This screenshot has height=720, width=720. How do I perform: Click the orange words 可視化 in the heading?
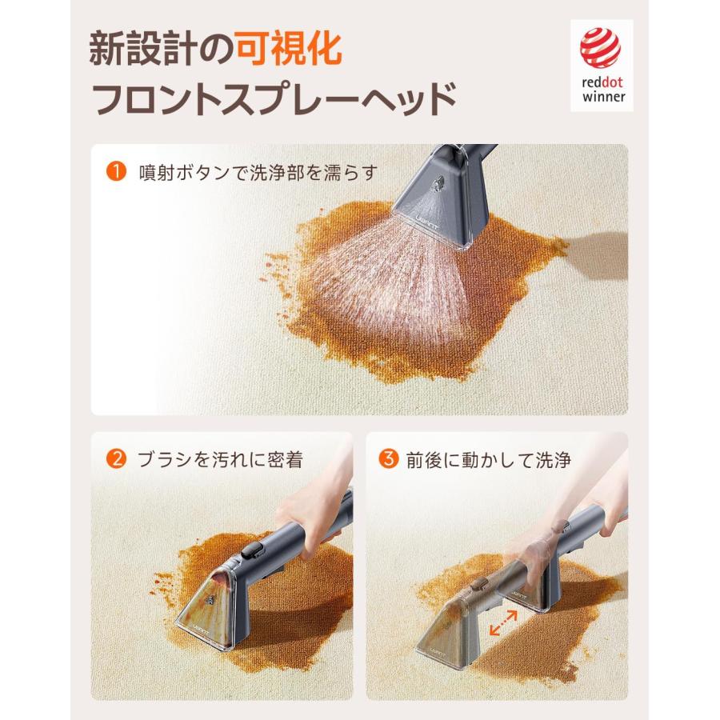pyautogui.click(x=290, y=48)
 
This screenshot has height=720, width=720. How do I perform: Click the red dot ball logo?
pyautogui.click(x=600, y=47)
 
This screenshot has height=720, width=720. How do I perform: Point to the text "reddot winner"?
pyautogui.click(x=603, y=90)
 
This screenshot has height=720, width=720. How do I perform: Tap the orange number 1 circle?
pyautogui.click(x=116, y=171)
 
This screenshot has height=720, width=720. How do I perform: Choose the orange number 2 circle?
pyautogui.click(x=116, y=458)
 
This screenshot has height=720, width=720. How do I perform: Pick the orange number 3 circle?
pyautogui.click(x=389, y=458)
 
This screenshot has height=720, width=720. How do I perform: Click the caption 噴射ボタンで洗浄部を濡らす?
pyautogui.click(x=258, y=172)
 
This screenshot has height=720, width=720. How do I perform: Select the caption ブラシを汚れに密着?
pyautogui.click(x=221, y=459)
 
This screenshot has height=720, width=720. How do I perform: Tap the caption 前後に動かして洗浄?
pyautogui.click(x=489, y=459)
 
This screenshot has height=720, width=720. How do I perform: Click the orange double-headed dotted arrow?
pyautogui.click(x=503, y=623)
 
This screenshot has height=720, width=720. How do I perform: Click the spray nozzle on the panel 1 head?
pyautogui.click(x=438, y=184)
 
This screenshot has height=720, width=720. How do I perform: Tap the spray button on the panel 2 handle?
pyautogui.click(x=251, y=550)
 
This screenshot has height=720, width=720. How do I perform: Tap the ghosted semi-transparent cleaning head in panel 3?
pyautogui.click(x=454, y=625)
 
